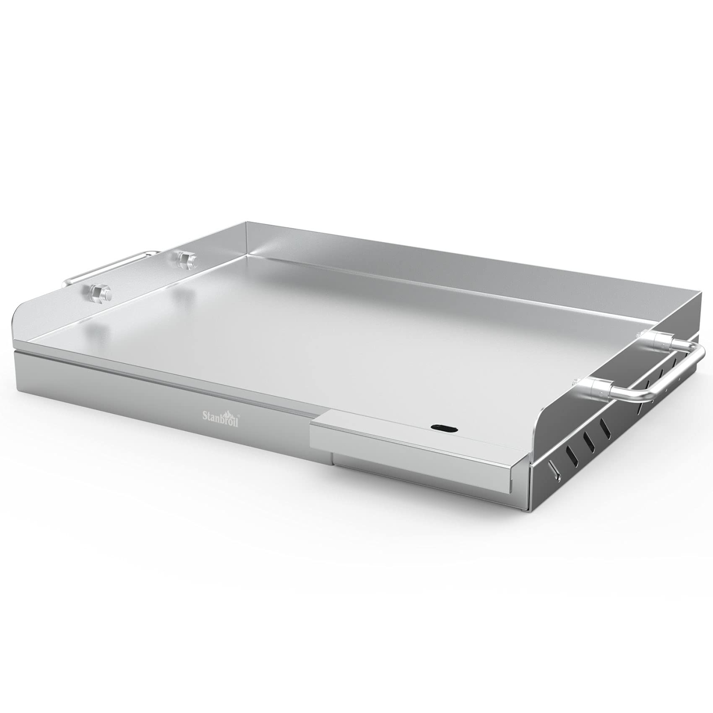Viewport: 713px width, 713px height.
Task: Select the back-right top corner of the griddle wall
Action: tap(701, 295)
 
